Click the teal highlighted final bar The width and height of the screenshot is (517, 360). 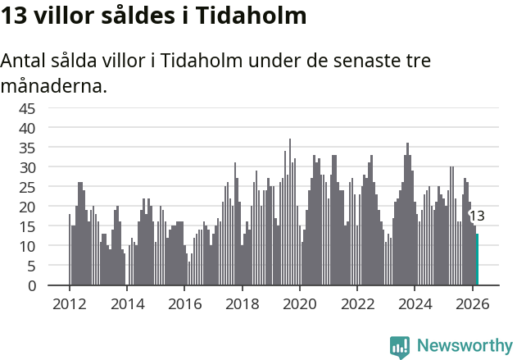click(477, 260)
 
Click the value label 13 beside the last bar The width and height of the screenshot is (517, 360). click(477, 216)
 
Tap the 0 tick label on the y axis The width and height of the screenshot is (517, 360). click(31, 285)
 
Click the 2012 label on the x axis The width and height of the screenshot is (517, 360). click(69, 303)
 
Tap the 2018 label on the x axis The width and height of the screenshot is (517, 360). click(242, 303)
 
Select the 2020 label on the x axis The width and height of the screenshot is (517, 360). click(300, 303)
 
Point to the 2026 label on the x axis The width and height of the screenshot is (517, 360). click(473, 303)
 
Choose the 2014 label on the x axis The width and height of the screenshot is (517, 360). click(126, 303)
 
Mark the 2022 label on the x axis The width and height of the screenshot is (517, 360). click(357, 303)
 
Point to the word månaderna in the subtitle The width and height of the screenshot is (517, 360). click(54, 85)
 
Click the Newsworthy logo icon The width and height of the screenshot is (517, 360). click(400, 346)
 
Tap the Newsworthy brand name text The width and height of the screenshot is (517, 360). click(464, 346)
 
